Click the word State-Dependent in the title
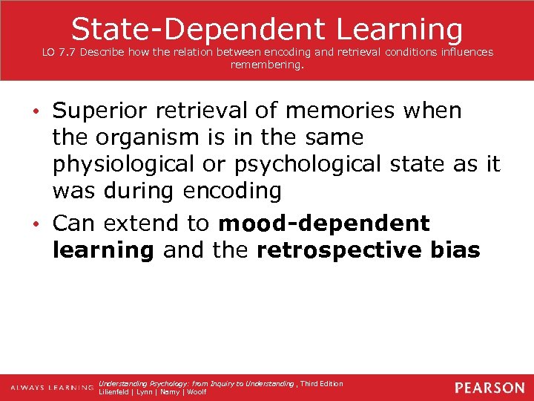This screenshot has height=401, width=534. tap(198, 29)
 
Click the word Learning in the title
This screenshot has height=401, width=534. tap(400, 29)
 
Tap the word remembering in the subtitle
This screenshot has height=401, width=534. tap(267, 65)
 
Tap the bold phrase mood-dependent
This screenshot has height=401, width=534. tap(325, 224)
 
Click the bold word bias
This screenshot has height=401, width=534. tap(454, 250)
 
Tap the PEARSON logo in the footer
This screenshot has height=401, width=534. tap(489, 388)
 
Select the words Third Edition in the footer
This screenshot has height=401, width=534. tap(322, 384)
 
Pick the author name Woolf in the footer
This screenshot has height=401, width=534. tap(197, 392)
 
